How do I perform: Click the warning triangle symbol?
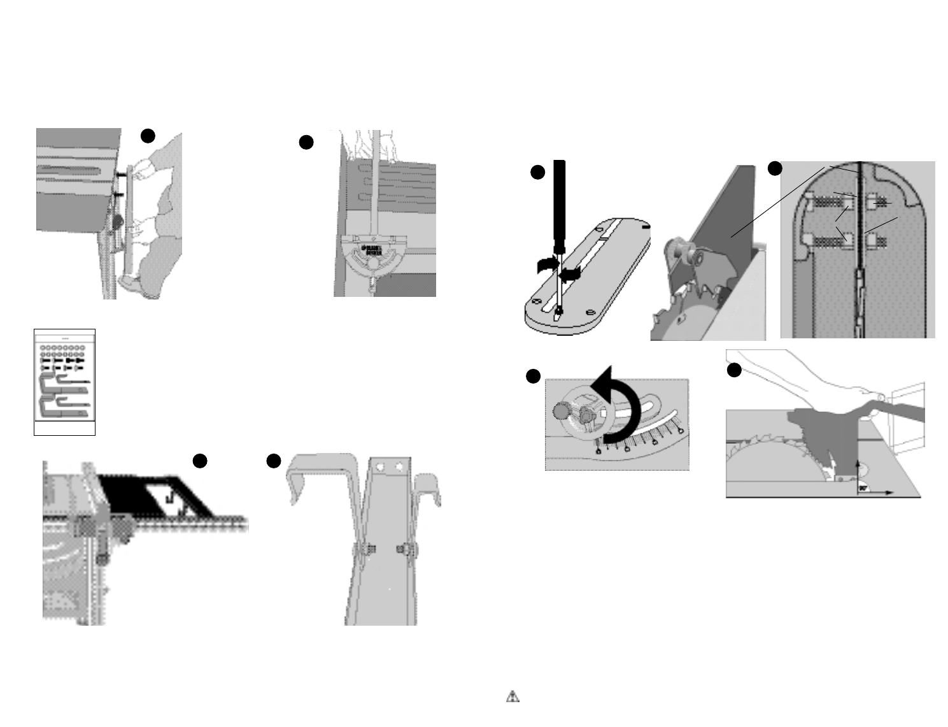coord(513,696)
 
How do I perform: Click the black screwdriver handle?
coord(560,204)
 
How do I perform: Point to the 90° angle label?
coord(863,487)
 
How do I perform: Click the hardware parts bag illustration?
coord(64,382)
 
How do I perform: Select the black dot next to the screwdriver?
coord(538,172)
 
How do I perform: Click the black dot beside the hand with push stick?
coord(734,370)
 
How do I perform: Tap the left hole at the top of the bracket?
coord(381,467)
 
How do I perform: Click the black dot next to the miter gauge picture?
coord(306,143)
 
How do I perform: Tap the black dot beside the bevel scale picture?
coord(533,377)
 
